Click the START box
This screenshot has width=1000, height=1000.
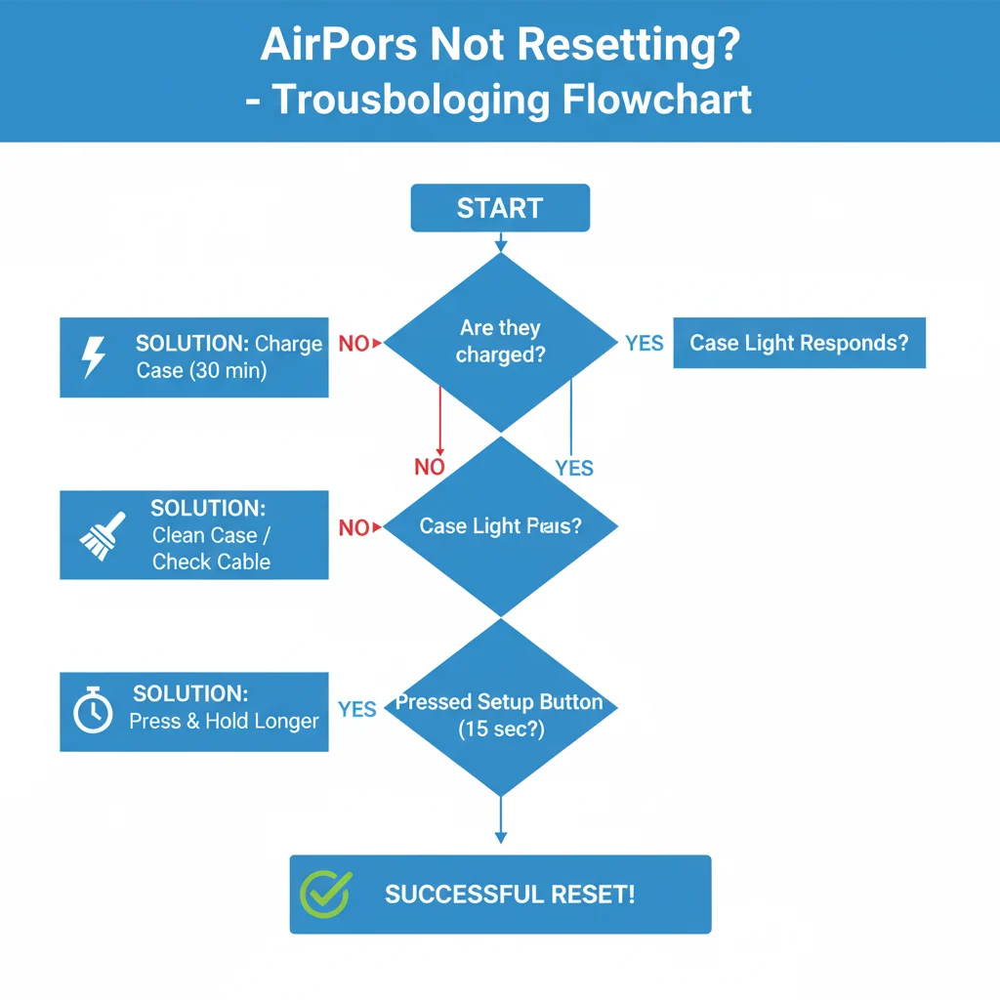coord(500,208)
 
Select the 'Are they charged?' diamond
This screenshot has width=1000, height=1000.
coord(500,342)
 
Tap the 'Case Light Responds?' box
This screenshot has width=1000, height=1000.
coord(799,343)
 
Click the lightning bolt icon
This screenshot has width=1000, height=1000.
coord(93,357)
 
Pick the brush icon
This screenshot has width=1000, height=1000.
coord(102,535)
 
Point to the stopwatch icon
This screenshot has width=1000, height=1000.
coord(93,711)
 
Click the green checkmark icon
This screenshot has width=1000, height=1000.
coord(324,895)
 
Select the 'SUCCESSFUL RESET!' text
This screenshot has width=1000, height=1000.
coord(510,895)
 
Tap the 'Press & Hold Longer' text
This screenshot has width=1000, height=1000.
coord(224,722)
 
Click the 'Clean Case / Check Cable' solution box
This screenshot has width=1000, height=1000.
coord(194,535)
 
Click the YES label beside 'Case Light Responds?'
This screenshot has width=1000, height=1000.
coord(645,343)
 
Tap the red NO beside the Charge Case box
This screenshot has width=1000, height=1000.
coord(354,343)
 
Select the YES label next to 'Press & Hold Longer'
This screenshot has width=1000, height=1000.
coord(357,709)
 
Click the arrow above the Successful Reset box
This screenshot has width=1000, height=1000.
coord(500,825)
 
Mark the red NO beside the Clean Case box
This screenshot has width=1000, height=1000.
coord(354,527)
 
